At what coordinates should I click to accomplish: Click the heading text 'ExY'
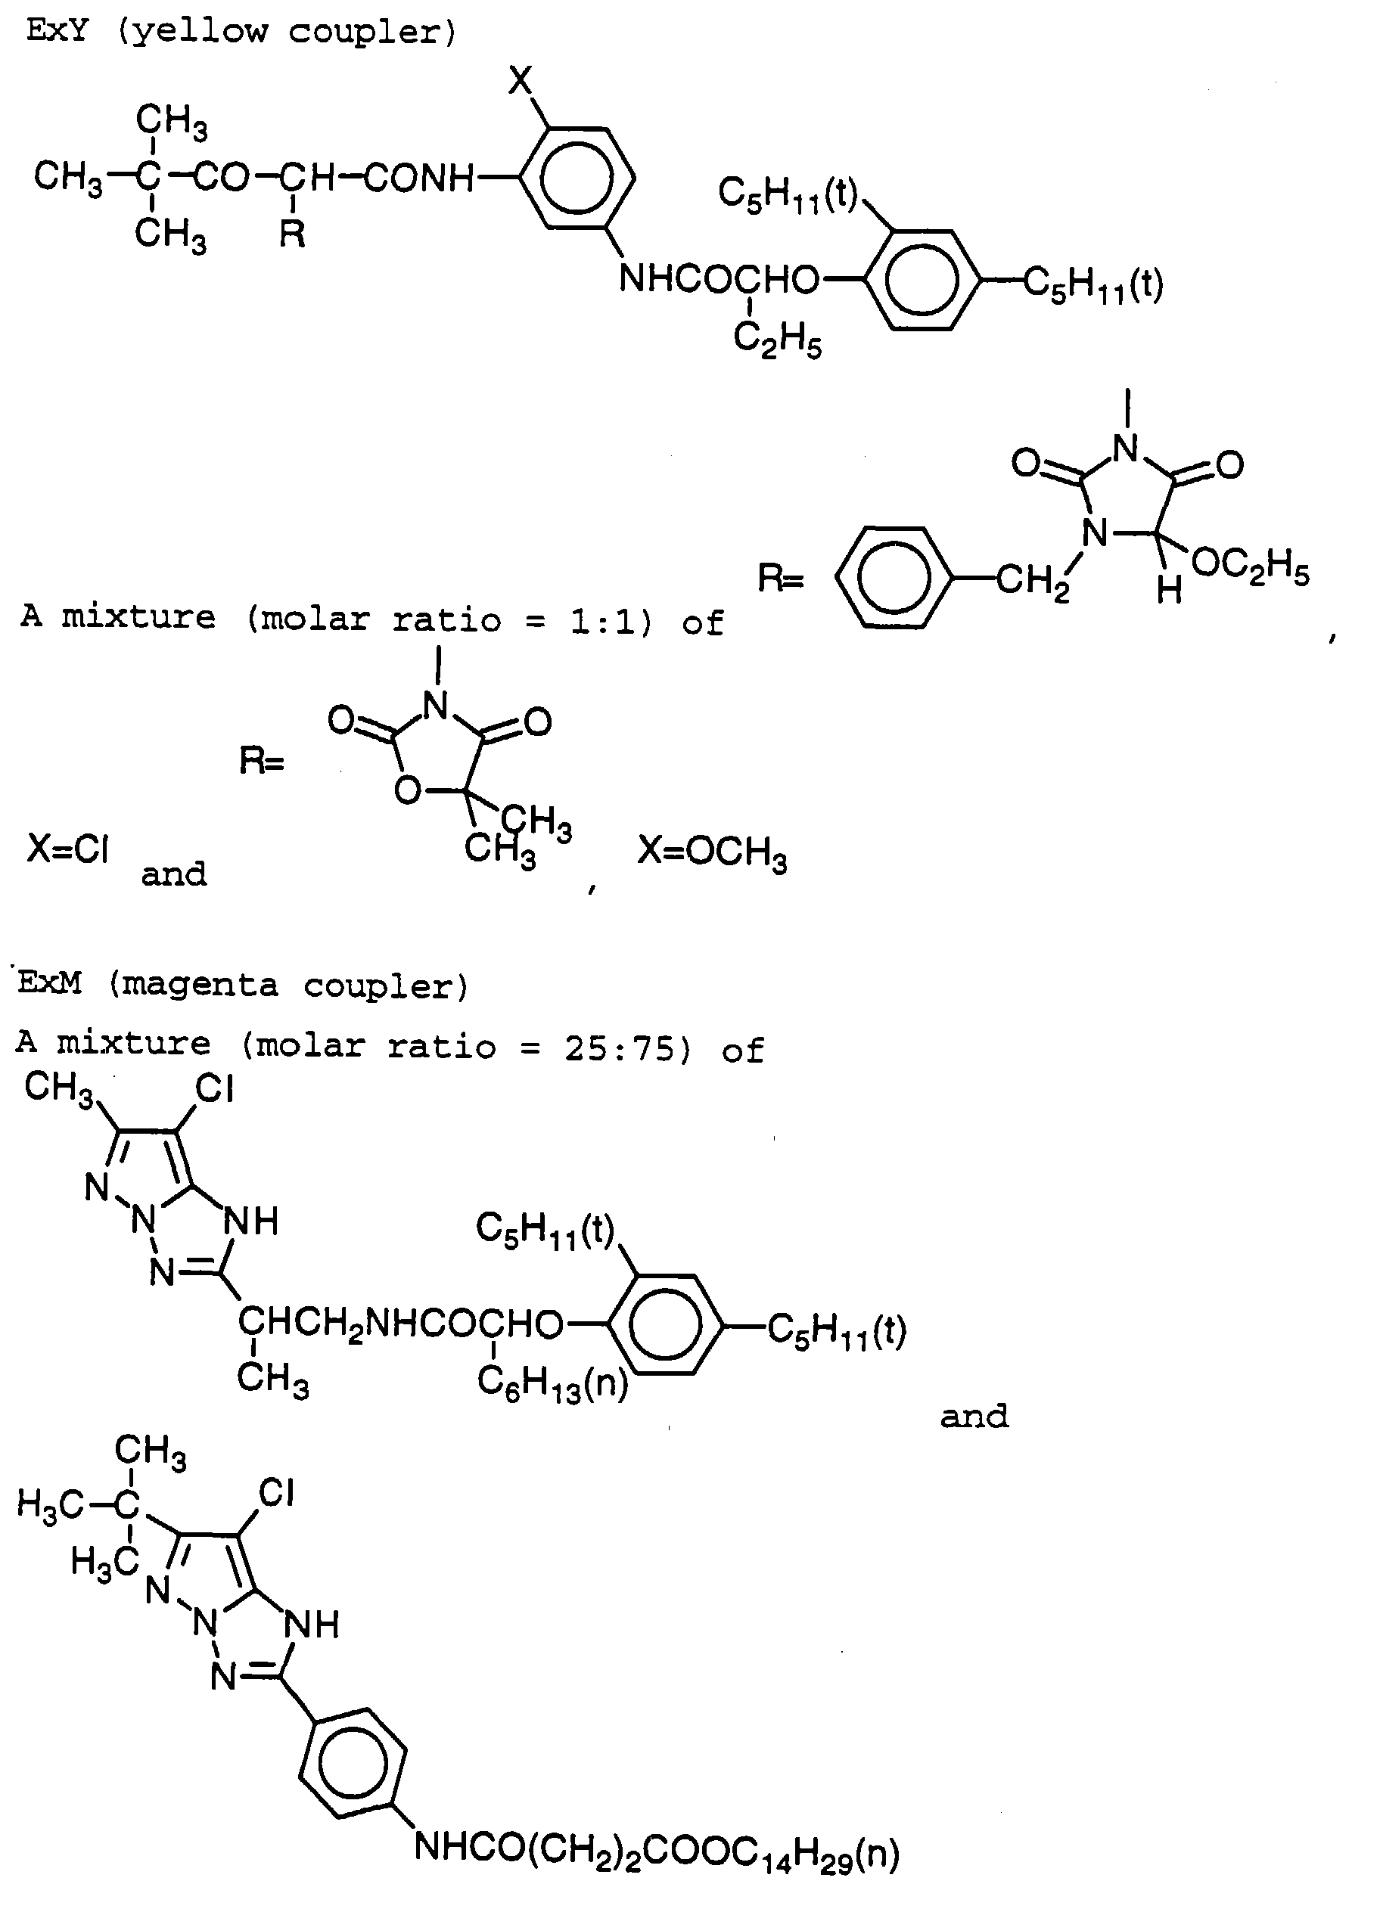click(57, 31)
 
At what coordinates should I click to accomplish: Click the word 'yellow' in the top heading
click(200, 31)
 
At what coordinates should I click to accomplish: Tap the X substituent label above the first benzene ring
click(521, 81)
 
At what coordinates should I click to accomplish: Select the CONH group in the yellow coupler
click(420, 178)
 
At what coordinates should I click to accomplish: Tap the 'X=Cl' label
click(67, 849)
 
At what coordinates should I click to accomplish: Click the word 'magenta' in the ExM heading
click(199, 985)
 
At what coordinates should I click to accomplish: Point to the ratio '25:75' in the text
click(620, 1049)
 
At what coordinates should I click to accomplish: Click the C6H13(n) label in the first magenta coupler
click(552, 1383)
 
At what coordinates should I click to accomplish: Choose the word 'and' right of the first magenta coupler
click(974, 1416)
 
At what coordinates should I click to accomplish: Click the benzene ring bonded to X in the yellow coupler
click(576, 178)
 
